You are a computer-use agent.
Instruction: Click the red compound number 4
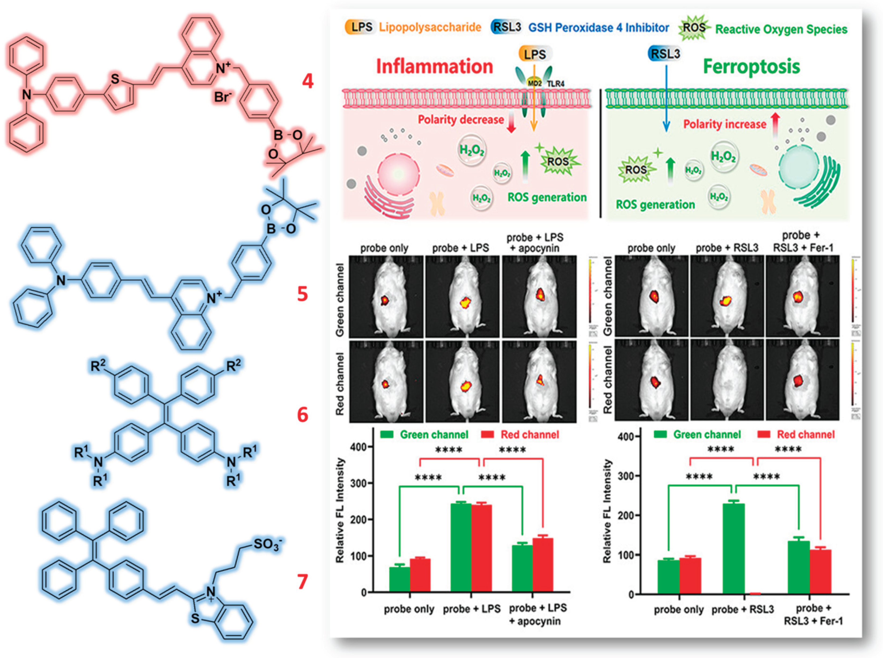tap(307, 81)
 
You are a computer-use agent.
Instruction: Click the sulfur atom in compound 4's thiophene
tap(115, 79)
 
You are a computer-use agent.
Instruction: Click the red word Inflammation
tap(434, 67)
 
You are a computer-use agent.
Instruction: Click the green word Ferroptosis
tap(751, 67)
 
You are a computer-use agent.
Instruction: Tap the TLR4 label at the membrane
tap(555, 84)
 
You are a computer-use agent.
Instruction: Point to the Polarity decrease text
tap(461, 119)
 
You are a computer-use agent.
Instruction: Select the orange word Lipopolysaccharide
tap(430, 27)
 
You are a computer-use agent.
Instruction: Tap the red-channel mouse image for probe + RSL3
tap(727, 380)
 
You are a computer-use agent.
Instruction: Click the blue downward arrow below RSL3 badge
tap(666, 100)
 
